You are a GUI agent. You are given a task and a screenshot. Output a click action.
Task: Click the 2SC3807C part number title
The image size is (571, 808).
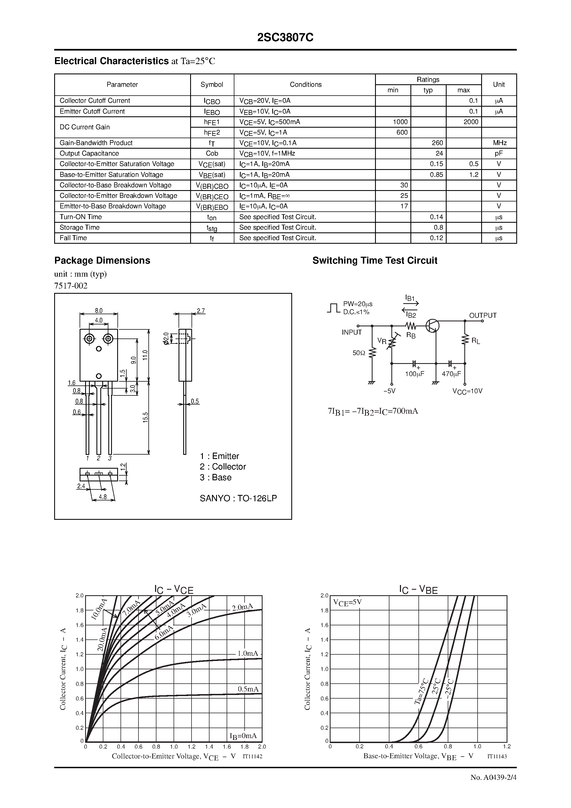point(285,38)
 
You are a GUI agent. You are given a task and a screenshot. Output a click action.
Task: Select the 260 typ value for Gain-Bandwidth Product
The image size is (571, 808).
point(437,143)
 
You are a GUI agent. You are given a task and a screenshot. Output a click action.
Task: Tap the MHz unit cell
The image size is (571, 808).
point(499,143)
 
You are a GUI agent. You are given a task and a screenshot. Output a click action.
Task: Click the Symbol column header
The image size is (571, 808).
point(212,85)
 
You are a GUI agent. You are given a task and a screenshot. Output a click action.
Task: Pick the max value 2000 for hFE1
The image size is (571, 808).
point(471,122)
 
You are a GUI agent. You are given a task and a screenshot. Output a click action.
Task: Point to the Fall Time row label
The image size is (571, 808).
point(73,238)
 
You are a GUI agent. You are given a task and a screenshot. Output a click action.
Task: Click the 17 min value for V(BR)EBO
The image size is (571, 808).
point(404,206)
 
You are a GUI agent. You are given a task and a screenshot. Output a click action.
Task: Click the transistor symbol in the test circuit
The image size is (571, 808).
point(432,326)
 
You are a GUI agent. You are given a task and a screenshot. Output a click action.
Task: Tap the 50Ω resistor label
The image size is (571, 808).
point(359,353)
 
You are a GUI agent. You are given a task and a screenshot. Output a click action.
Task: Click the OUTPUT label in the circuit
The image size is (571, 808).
point(483,315)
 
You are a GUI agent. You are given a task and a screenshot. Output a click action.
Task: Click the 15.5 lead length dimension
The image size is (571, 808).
point(145,417)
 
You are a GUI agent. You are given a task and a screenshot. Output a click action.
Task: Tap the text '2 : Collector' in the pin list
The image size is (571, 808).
point(222,467)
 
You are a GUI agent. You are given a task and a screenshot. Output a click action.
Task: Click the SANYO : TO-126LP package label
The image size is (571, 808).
point(238,498)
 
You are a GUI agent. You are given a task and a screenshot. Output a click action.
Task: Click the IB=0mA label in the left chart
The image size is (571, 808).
point(243,736)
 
